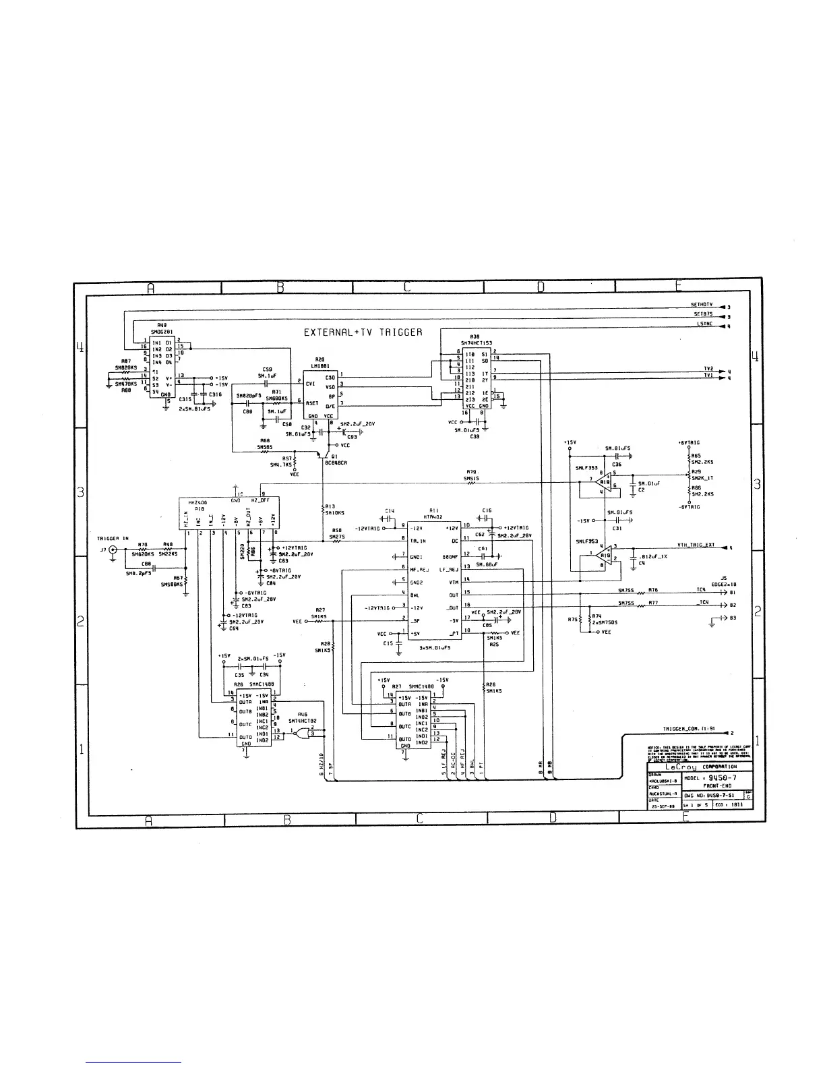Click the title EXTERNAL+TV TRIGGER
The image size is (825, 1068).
[363, 332]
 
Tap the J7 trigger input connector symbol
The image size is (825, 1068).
[112, 550]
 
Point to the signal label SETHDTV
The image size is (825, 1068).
[702, 305]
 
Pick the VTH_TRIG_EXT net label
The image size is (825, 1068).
[696, 545]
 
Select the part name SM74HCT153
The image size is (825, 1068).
[475, 343]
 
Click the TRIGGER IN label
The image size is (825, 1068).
[113, 538]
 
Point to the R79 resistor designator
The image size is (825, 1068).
[471, 472]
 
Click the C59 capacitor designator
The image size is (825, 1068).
[267, 369]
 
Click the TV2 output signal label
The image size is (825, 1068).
[708, 369]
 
